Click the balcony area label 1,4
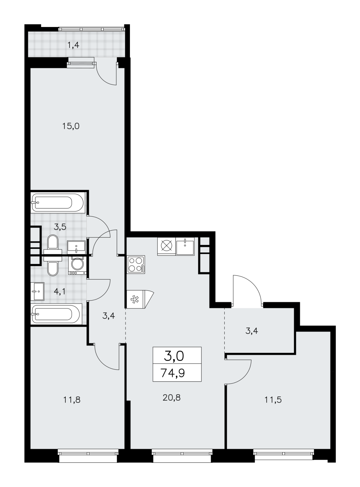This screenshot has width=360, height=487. point(73,45)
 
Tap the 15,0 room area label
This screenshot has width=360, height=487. point(70,126)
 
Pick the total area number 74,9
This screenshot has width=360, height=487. point(173,373)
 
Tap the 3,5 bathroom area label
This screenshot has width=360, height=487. point(60,227)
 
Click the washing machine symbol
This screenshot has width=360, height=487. point(77,265)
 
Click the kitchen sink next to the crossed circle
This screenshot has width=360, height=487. point(185,247)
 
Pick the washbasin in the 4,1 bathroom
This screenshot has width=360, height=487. point(37,291)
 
